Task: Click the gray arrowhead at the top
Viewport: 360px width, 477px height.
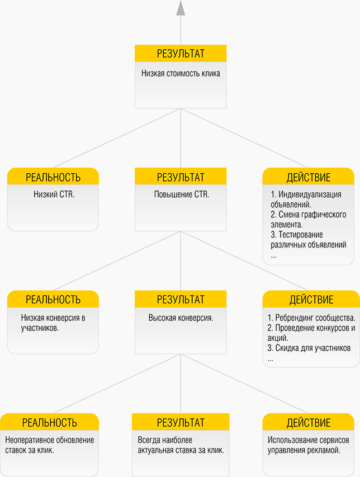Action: pos(181,8)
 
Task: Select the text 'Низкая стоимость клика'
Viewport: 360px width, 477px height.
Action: pos(181,73)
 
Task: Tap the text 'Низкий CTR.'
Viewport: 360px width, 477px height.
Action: pos(54,194)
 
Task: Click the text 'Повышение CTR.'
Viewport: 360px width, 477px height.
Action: pos(182,194)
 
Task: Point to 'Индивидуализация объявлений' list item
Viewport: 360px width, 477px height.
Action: pos(306,199)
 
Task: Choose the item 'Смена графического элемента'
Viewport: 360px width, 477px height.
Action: pos(308,220)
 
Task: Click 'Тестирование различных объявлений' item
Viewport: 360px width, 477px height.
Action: pos(308,240)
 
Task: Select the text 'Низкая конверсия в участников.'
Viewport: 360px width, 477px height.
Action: pos(53,323)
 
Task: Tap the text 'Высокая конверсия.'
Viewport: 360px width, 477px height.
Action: pos(181,318)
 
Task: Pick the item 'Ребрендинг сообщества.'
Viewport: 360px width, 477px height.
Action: pos(311,318)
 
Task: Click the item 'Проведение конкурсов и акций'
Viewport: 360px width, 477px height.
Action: pos(311,332)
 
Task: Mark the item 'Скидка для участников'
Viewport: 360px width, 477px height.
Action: pos(309,348)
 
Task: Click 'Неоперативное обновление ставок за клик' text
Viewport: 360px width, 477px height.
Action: pos(50,445)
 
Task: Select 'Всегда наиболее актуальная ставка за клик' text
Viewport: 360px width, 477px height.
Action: pos(181,445)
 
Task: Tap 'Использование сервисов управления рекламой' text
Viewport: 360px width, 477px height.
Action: pos(309,445)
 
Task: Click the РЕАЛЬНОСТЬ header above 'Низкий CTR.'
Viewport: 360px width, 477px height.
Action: pos(53,177)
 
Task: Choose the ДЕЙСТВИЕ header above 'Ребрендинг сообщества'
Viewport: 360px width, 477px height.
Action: pos(311,299)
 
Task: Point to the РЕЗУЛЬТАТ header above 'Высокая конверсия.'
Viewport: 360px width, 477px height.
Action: pos(181,299)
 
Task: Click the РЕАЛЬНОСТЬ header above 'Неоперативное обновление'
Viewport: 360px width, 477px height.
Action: pos(50,423)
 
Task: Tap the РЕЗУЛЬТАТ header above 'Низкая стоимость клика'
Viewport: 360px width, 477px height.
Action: pos(181,54)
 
